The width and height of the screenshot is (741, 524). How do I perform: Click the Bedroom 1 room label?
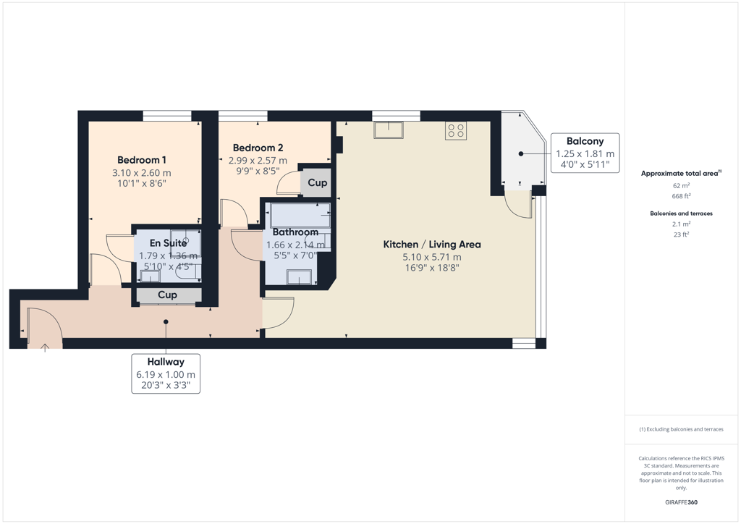pyautogui.click(x=142, y=160)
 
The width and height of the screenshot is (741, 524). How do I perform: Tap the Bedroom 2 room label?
pyautogui.click(x=258, y=148)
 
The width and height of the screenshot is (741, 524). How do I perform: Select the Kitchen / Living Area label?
pyautogui.click(x=432, y=245)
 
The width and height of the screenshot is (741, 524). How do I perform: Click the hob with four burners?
pyautogui.click(x=456, y=130)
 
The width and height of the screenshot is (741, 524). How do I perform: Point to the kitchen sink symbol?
pyautogui.click(x=389, y=130)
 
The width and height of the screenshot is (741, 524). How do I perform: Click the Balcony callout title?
pyautogui.click(x=585, y=141)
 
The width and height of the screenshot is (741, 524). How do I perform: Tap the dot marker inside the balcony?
pyautogui.click(x=521, y=153)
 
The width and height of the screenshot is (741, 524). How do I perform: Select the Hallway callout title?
pyautogui.click(x=166, y=362)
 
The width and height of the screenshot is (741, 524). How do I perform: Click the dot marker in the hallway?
pyautogui.click(x=166, y=322)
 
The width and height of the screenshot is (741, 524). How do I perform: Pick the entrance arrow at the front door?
pyautogui.click(x=45, y=348)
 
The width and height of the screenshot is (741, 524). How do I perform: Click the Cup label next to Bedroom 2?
pyautogui.click(x=318, y=182)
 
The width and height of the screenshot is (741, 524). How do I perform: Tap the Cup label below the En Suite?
pyautogui.click(x=167, y=295)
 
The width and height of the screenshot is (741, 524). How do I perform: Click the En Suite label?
pyautogui.click(x=168, y=243)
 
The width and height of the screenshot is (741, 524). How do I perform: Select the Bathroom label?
pyautogui.click(x=295, y=232)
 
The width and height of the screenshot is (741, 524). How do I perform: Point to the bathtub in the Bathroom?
pyautogui.click(x=300, y=215)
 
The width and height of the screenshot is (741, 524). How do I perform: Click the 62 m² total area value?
pyautogui.click(x=681, y=186)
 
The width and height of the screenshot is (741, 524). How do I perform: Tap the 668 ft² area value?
pyautogui.click(x=681, y=196)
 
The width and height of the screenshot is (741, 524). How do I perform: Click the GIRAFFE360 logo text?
pyautogui.click(x=681, y=502)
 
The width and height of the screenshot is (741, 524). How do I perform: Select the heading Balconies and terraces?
pyautogui.click(x=681, y=214)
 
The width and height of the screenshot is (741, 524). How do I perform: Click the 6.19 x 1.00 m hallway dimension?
pyautogui.click(x=166, y=375)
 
